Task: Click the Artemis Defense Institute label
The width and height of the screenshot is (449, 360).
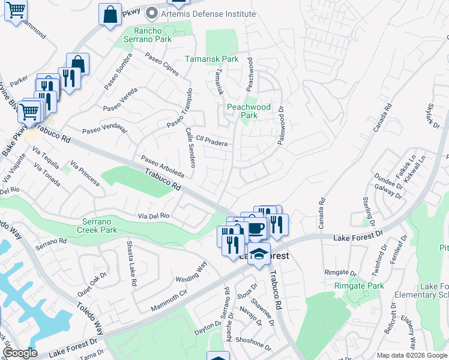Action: coord(197,11)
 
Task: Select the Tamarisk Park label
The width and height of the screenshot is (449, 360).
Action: coord(211,59)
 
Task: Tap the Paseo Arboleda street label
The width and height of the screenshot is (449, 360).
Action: coord(162,166)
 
